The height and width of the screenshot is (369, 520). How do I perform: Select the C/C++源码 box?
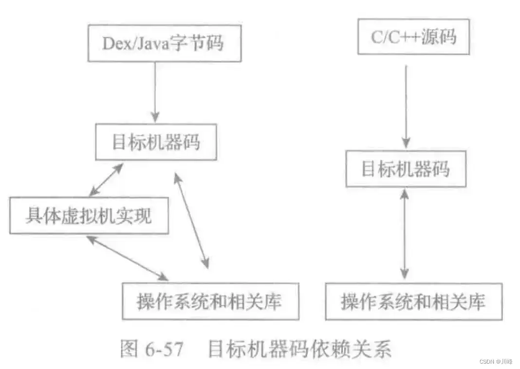(413, 37)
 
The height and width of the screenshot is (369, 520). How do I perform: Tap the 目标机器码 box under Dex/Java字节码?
(156, 143)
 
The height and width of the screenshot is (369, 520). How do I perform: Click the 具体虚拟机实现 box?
(89, 216)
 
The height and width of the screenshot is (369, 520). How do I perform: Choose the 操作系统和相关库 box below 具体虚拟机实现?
(210, 302)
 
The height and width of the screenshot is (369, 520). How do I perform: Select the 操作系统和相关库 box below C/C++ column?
(413, 302)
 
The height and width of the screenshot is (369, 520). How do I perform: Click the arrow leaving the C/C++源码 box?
(405, 105)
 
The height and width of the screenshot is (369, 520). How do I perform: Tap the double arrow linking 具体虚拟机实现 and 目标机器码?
(106, 180)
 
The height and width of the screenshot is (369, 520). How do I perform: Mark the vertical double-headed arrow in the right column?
(404, 234)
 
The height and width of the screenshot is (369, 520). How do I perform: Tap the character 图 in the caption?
(130, 350)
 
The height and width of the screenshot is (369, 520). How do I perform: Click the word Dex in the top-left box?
(115, 43)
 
